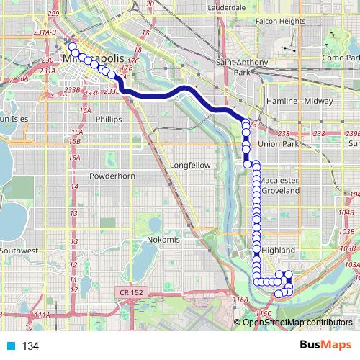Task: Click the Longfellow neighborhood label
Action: pyautogui.click(x=190, y=165)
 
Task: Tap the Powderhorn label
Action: pyautogui.click(x=108, y=176)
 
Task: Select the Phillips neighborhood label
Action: pyautogui.click(x=107, y=119)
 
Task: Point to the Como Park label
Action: pyautogui.click(x=341, y=58)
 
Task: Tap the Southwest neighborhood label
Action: pyautogui.click(x=19, y=251)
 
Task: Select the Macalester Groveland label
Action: pyautogui.click(x=280, y=185)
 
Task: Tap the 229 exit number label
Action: pyautogui.click(x=52, y=14)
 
